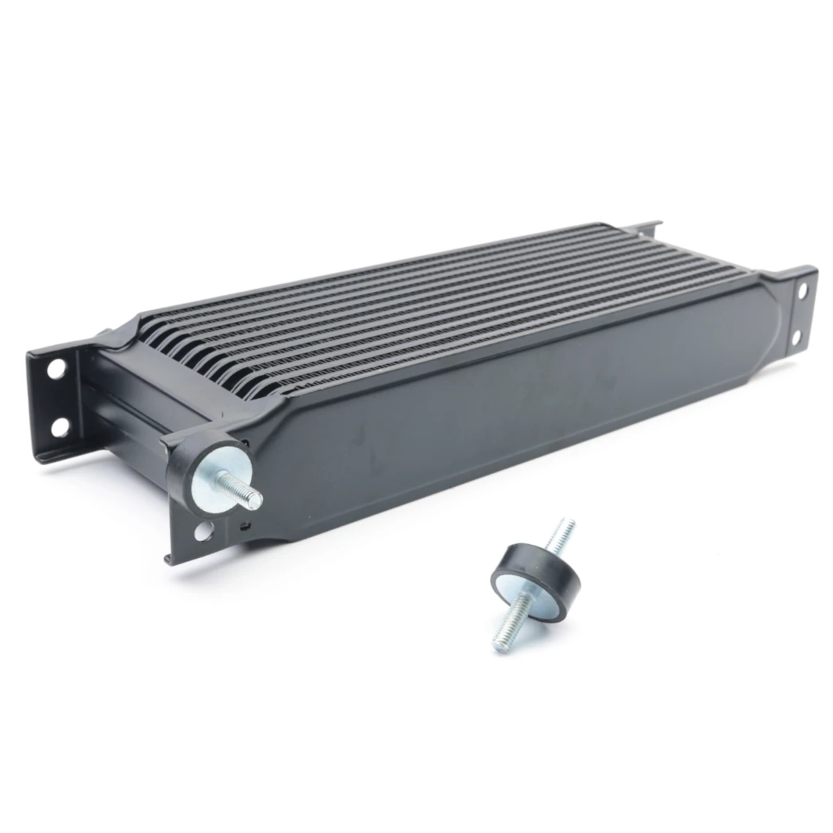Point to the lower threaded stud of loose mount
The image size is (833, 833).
[x=511, y=628]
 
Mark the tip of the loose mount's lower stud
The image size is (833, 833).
[x=502, y=647]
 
